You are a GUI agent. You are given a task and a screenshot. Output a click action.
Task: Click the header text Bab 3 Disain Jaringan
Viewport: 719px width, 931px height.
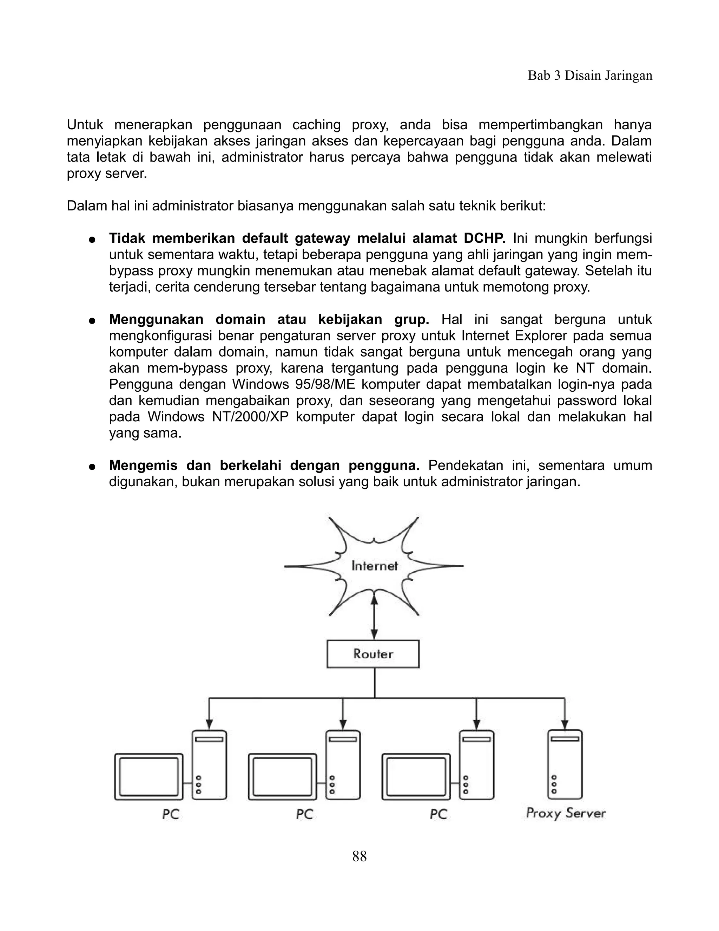click(590, 76)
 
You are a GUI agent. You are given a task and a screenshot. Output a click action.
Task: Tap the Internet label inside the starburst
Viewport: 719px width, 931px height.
click(374, 566)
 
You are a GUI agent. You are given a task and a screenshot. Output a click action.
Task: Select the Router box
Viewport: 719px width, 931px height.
click(373, 654)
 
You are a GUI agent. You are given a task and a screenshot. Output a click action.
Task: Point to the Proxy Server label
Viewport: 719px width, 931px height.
click(565, 813)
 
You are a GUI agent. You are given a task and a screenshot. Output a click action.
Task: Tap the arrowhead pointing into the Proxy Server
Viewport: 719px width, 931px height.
click(565, 724)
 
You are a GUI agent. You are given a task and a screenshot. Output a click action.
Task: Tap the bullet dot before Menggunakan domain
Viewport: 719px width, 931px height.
click(91, 321)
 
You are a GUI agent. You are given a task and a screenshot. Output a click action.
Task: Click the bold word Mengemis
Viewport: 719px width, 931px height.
click(143, 465)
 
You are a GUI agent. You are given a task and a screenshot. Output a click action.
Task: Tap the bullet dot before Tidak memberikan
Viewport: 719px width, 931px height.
click(91, 240)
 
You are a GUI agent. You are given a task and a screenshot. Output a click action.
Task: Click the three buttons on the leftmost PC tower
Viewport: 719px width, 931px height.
click(198, 785)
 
